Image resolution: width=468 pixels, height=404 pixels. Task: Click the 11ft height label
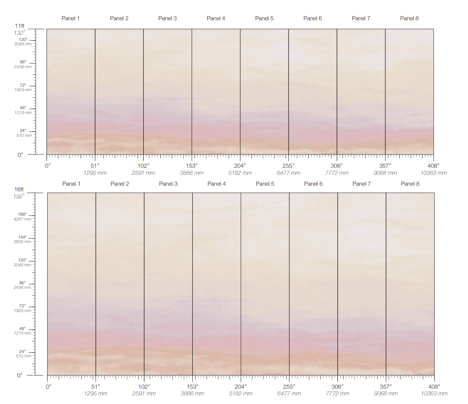tap(19, 26)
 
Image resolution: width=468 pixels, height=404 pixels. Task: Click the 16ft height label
tap(19, 189)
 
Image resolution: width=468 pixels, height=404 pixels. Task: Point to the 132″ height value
tap(19, 33)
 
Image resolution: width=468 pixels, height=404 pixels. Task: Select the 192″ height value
tap(19, 196)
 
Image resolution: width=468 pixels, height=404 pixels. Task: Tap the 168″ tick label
tap(22, 214)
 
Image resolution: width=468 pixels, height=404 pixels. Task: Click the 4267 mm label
tap(22, 219)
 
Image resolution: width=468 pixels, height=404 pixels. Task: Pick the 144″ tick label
tap(22, 237)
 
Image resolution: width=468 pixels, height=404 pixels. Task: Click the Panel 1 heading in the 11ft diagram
tap(70, 18)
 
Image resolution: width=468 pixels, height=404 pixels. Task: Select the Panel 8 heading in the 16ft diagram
tap(410, 184)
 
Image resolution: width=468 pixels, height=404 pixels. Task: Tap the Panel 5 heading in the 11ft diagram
tap(264, 18)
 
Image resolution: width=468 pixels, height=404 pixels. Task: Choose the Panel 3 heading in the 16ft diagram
tap(168, 184)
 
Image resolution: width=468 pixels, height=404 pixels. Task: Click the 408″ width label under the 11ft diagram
tap(433, 166)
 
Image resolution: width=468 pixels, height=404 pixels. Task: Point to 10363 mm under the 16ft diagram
tap(434, 393)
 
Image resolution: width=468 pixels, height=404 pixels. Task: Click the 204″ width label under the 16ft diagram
tap(240, 386)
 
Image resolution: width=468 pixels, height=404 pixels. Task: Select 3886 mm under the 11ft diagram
tap(192, 173)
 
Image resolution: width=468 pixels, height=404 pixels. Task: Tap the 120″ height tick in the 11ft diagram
tap(23, 39)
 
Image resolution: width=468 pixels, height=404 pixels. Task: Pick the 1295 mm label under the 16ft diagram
tap(96, 393)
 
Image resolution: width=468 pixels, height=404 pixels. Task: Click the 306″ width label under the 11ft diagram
tap(337, 166)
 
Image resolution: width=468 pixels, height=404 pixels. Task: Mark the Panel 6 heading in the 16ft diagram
tap(313, 184)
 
